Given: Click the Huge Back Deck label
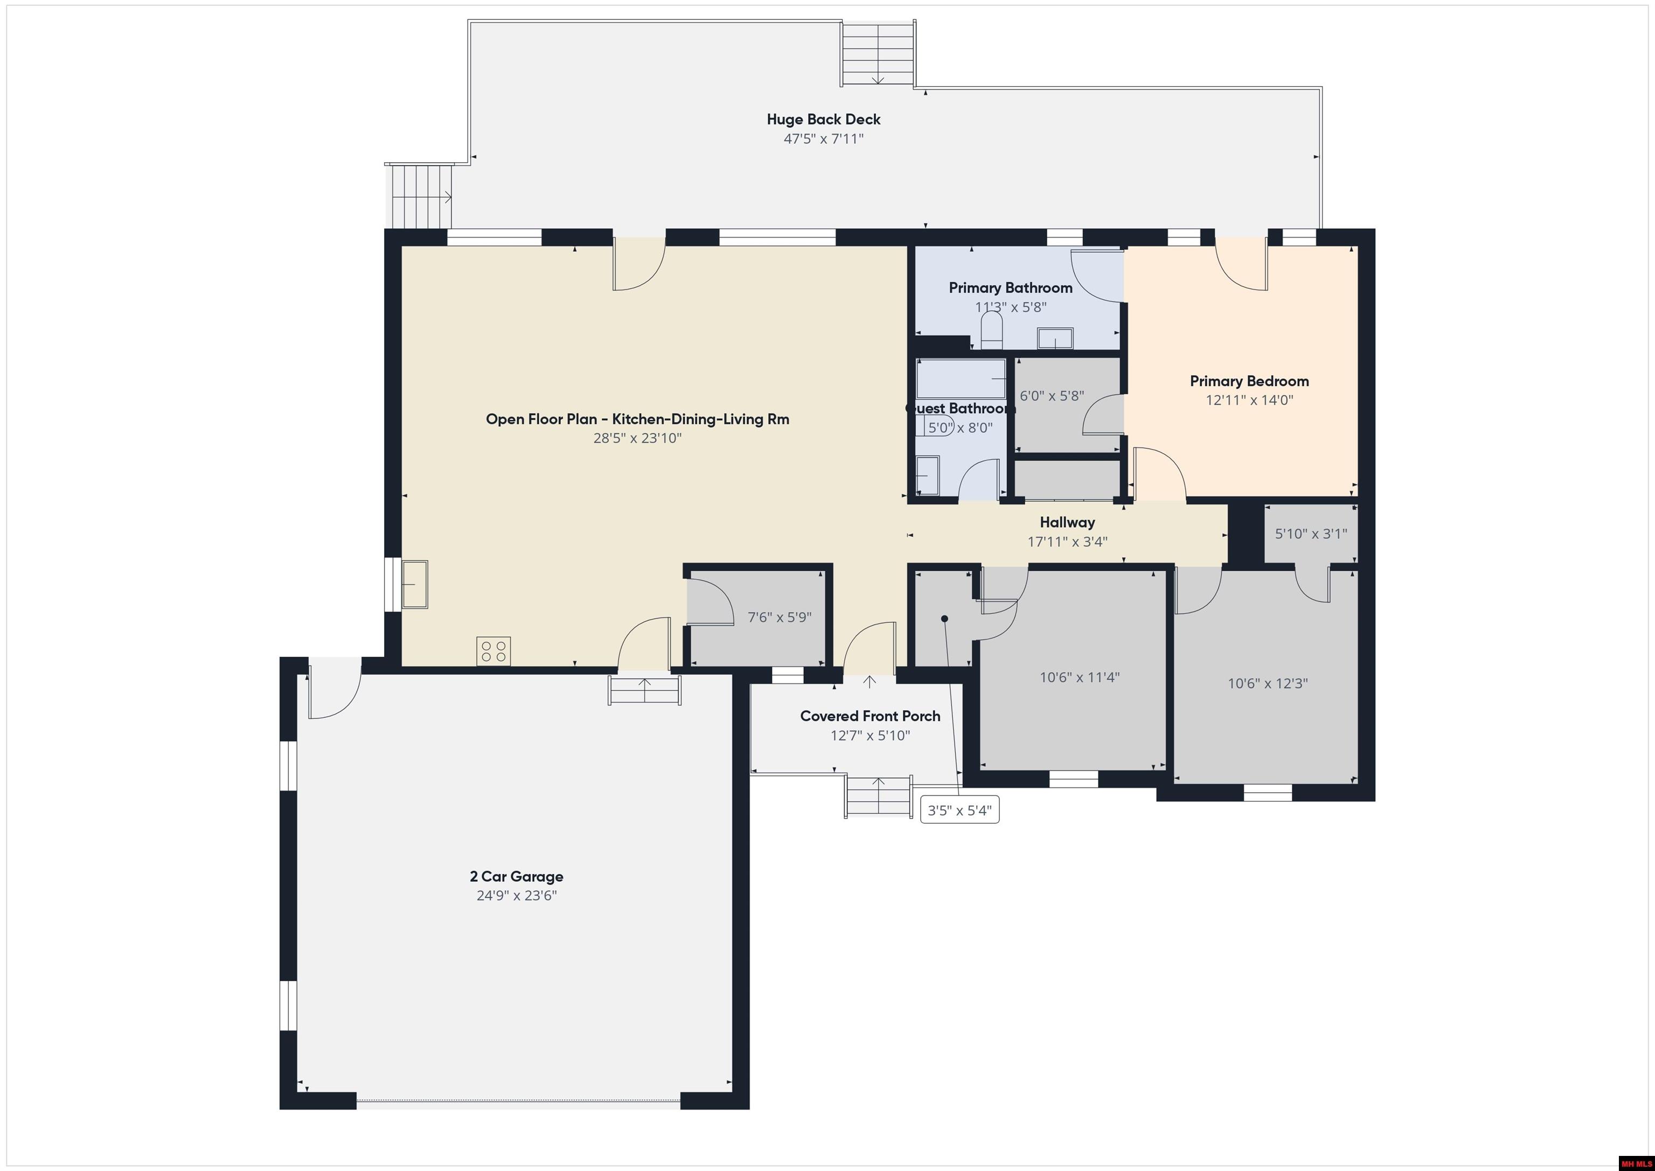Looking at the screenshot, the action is click(823, 120).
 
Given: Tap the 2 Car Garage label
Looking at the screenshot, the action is click(516, 877).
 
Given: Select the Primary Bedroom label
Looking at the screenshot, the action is click(1249, 382).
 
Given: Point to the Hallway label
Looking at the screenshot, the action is click(1067, 523).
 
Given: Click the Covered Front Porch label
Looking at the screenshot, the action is click(870, 716).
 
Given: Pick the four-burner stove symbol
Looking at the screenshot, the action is click(494, 651).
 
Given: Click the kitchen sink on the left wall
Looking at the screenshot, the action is click(414, 584).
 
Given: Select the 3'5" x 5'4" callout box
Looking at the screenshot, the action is click(959, 810).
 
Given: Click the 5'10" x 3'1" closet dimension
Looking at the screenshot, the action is click(1310, 534).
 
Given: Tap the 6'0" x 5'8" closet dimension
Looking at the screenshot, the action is click(1052, 397).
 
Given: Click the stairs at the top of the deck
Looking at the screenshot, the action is click(879, 53).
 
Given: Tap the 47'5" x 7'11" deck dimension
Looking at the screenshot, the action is click(823, 139).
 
